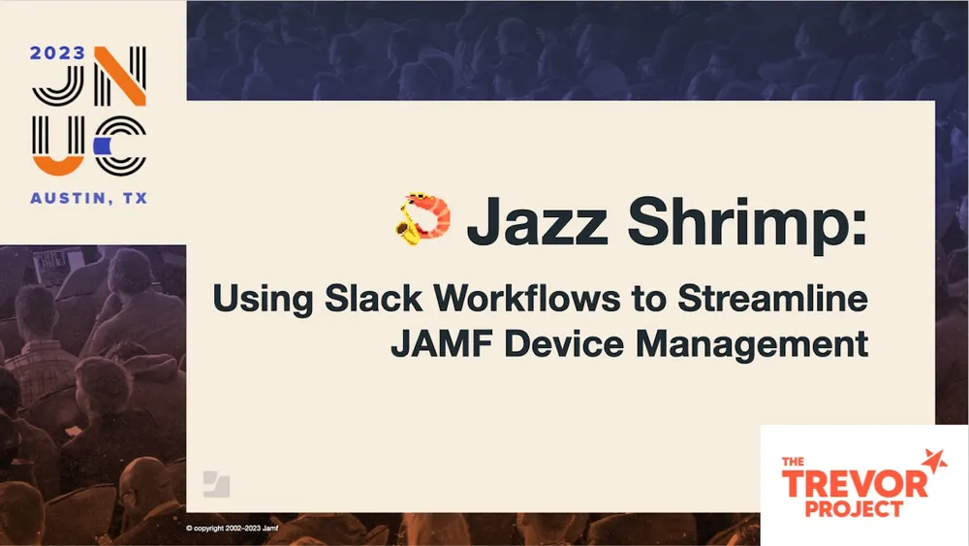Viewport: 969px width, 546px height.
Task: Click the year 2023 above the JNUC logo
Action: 57,55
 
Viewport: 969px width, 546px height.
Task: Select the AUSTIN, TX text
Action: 89,197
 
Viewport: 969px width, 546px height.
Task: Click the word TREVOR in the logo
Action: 849,483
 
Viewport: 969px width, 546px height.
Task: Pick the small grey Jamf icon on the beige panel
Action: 216,484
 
